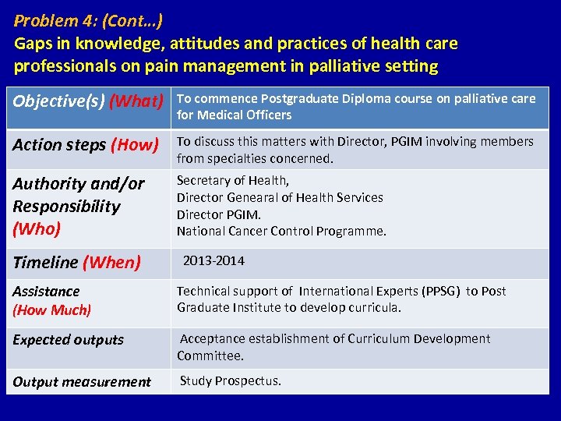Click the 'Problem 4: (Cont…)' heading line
point(88,19)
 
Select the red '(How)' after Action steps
point(134,144)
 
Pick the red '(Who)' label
point(35,228)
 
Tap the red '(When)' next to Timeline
point(111,263)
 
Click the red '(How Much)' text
point(51,310)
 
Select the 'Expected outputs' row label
point(68,340)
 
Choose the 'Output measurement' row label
point(81,381)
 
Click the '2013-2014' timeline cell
point(213,260)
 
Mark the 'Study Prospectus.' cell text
point(231,380)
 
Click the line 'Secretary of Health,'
point(233,181)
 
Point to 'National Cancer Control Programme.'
point(281,231)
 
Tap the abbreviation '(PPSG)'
point(440,291)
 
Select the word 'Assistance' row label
point(46,291)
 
